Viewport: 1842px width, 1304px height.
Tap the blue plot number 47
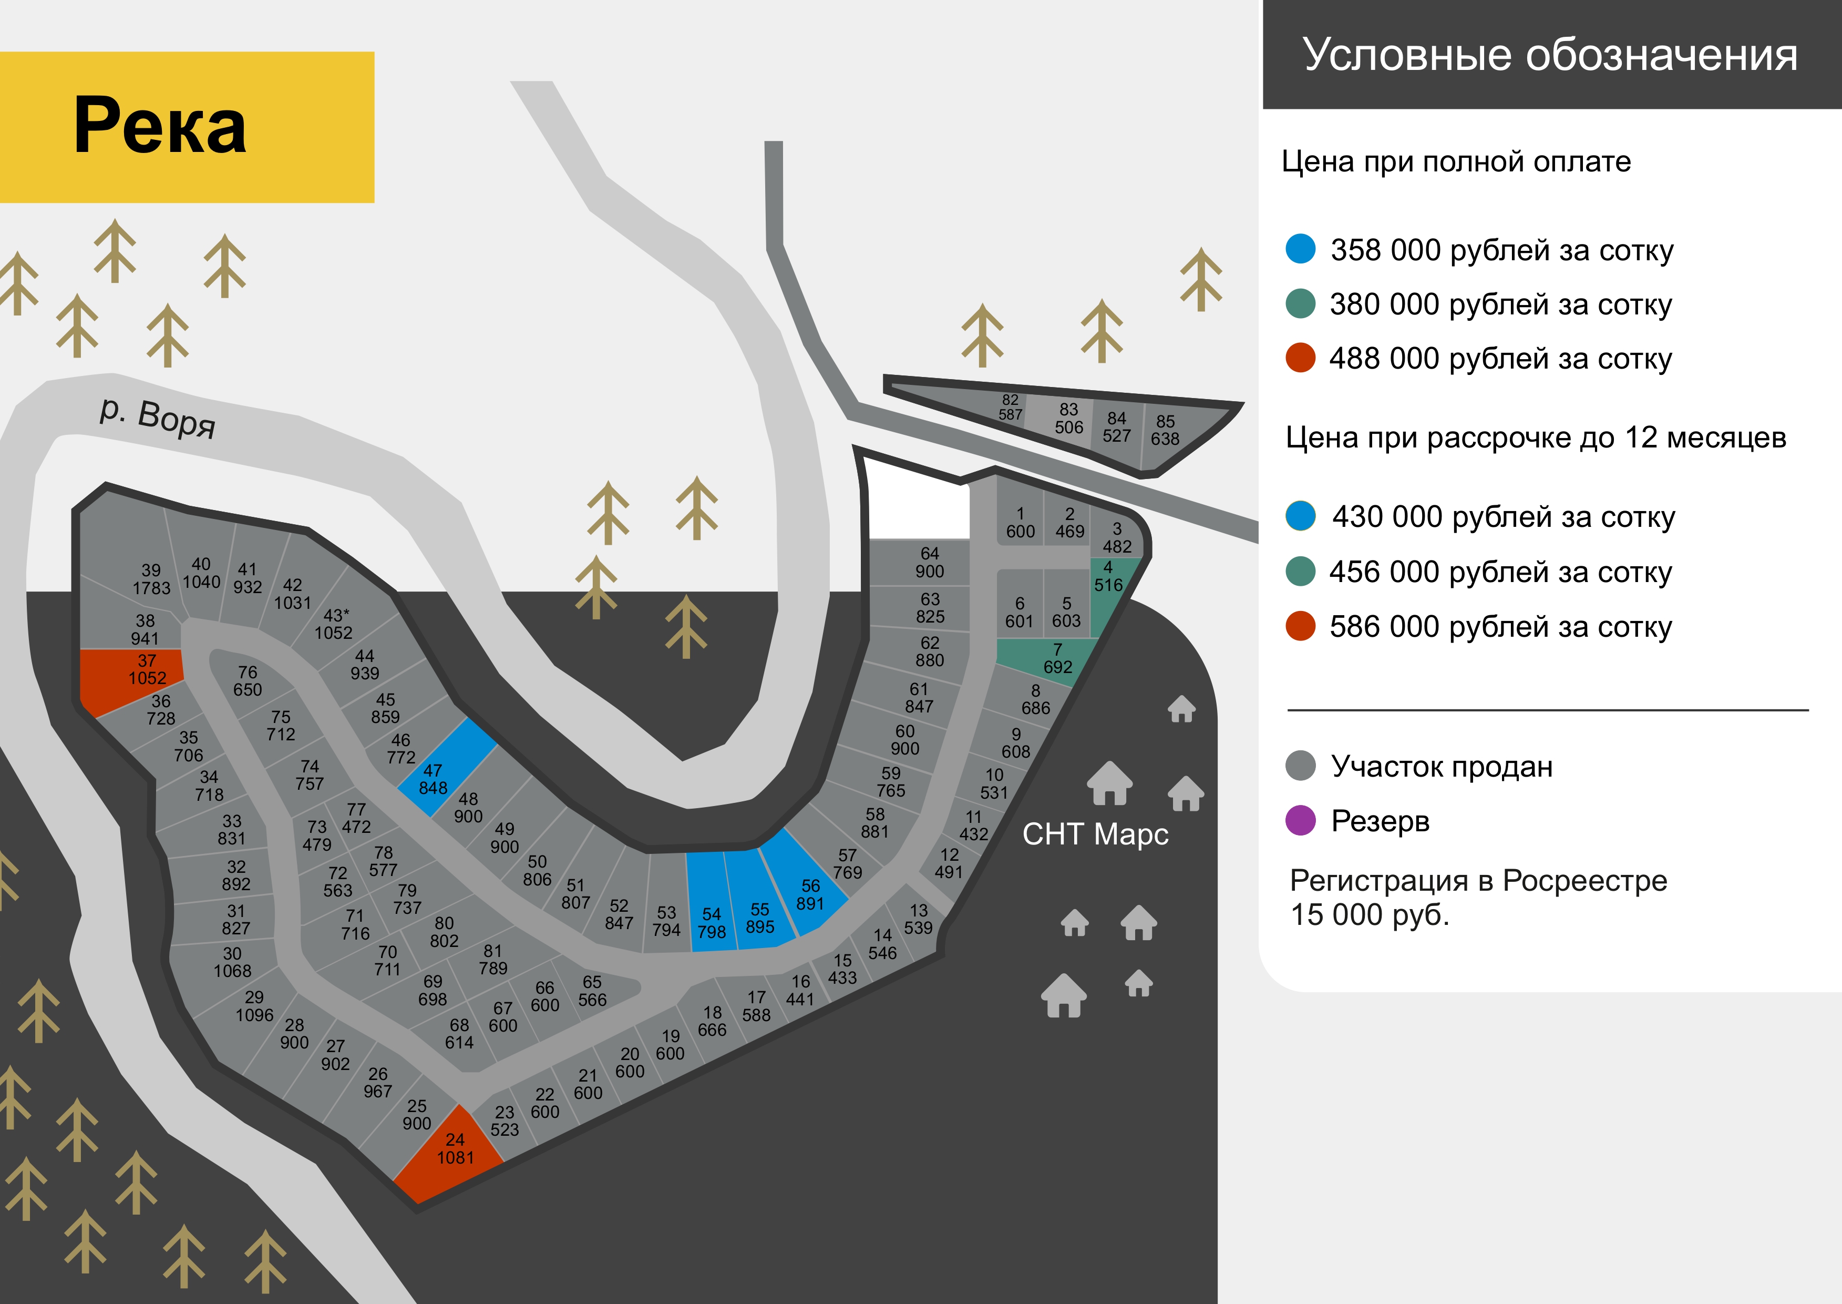point(446,767)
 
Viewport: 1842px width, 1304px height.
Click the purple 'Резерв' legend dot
point(1300,821)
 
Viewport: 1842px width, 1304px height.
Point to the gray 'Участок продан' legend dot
point(1300,766)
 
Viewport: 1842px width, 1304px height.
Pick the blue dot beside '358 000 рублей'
point(1300,249)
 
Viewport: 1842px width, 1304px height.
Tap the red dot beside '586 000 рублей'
point(1300,626)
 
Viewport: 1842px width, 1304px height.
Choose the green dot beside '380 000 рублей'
point(1300,303)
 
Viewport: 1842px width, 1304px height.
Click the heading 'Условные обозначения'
point(1550,55)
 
